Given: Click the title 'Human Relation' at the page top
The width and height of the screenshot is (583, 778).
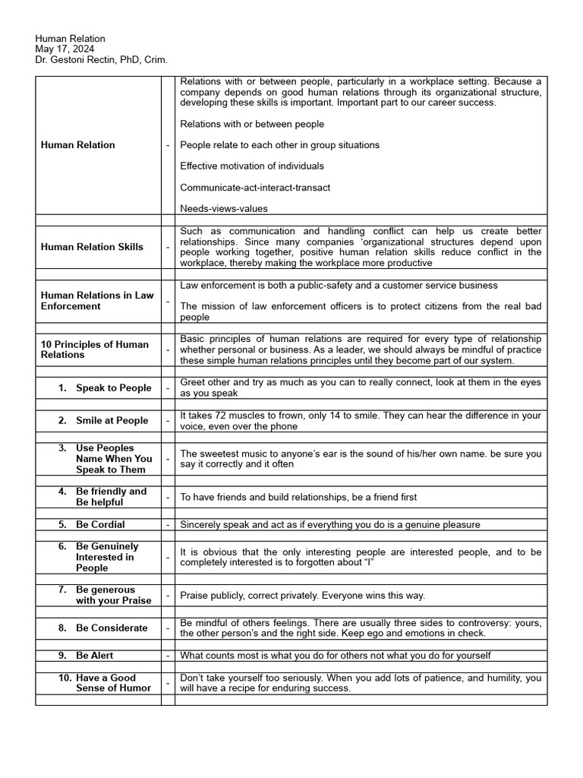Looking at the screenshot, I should tap(70, 39).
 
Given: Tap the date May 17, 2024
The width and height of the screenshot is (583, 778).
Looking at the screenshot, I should tap(64, 49).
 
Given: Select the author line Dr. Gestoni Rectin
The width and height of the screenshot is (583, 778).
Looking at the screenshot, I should tap(101, 59).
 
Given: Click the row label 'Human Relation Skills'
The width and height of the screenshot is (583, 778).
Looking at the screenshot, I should tap(92, 247).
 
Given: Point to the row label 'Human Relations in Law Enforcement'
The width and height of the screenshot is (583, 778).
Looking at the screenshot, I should tap(97, 301).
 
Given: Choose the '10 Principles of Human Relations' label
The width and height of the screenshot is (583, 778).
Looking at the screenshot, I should tap(95, 349).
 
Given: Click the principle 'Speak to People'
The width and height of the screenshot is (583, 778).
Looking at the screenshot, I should tap(113, 388).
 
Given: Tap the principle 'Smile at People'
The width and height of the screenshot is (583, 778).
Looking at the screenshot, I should tap(112, 421).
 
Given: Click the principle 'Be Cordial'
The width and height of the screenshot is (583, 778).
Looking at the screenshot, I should tap(100, 524).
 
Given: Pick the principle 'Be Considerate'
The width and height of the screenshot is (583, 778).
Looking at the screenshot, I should tap(112, 628).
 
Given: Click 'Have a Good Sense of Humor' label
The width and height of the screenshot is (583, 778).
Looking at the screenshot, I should tap(113, 683).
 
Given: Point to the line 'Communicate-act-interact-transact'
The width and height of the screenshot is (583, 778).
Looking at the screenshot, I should tap(255, 187).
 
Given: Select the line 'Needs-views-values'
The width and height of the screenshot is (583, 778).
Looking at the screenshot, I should tap(224, 208).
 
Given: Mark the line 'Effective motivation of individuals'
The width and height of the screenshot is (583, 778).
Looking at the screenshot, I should tap(252, 166).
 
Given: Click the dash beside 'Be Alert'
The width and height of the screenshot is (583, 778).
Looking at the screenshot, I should tap(168, 655).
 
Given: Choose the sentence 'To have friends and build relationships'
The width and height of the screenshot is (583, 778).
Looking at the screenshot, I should tap(298, 497).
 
